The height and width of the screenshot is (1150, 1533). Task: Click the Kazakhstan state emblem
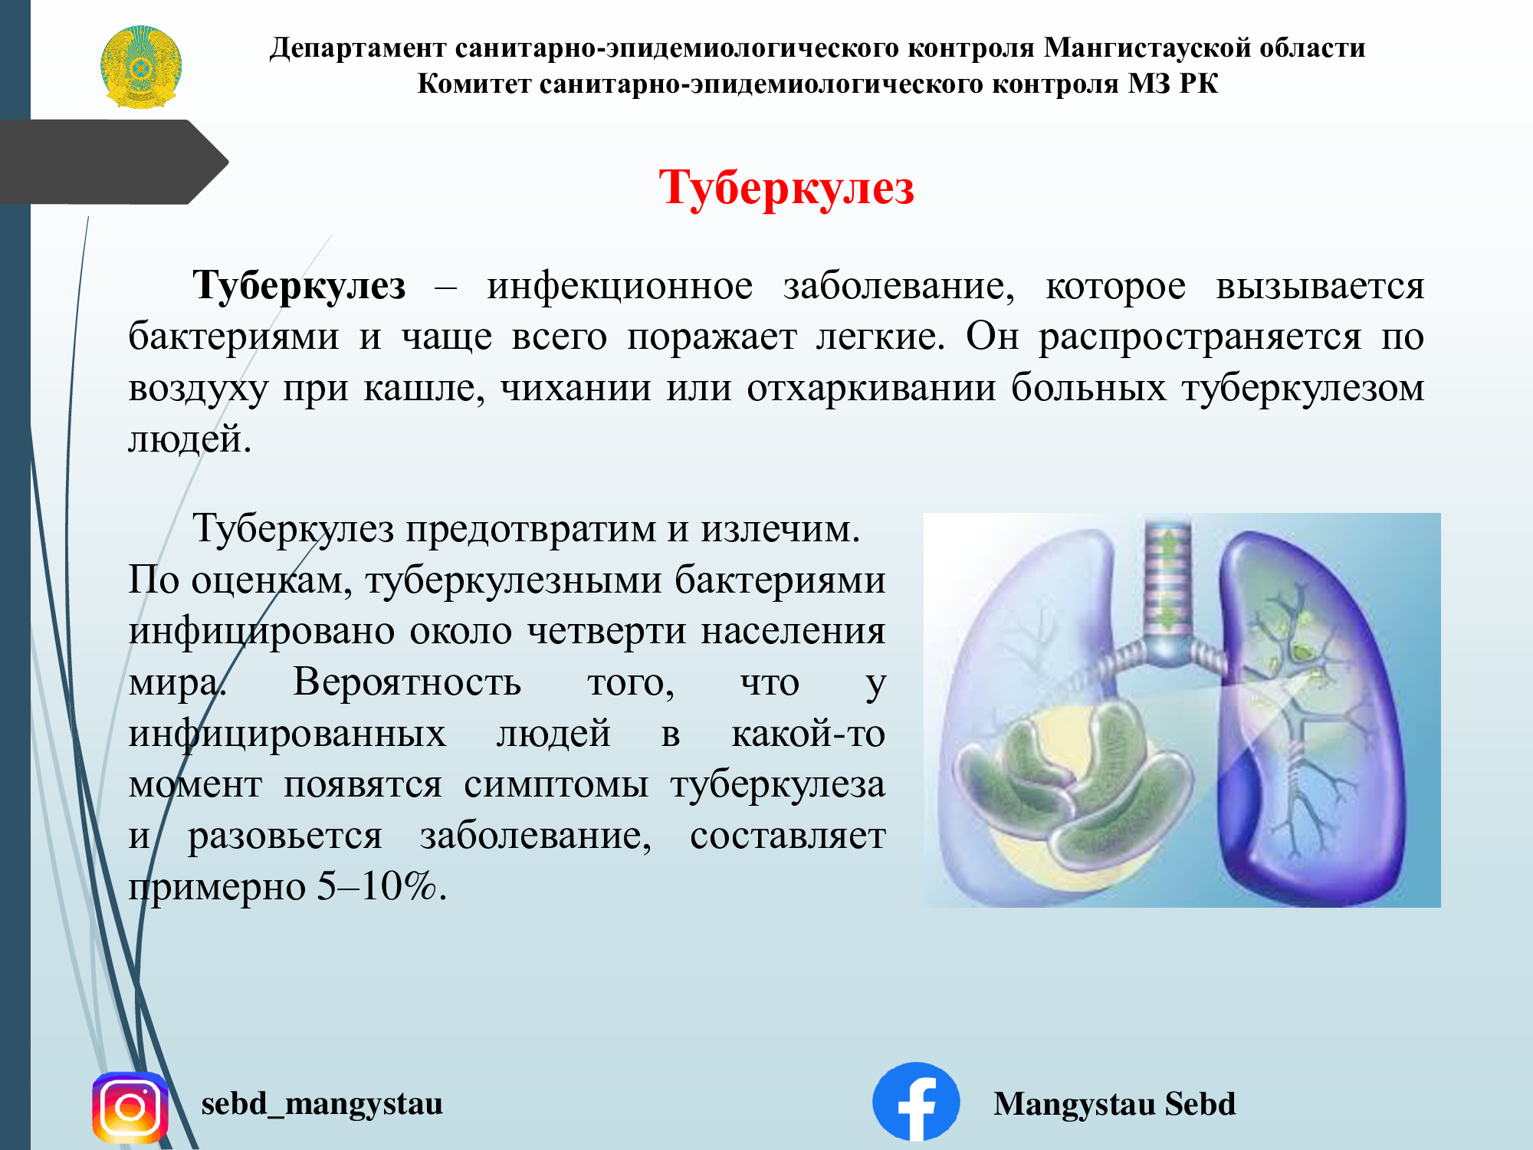click(x=141, y=67)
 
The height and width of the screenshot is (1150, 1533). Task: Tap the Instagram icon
click(x=130, y=1107)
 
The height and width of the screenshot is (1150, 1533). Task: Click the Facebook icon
click(x=916, y=1102)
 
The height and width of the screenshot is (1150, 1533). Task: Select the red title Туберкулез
click(x=786, y=188)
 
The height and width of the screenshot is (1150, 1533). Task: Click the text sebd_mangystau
click(x=322, y=1104)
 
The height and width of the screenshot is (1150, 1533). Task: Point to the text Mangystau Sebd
click(x=1114, y=1104)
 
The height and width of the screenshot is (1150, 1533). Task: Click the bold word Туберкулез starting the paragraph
click(x=299, y=287)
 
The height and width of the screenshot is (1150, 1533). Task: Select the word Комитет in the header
click(x=474, y=84)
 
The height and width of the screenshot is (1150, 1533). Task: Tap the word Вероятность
click(x=407, y=682)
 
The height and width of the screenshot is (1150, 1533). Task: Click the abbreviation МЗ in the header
click(x=1150, y=84)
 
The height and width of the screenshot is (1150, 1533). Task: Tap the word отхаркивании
click(x=872, y=388)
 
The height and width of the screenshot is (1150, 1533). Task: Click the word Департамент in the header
click(x=358, y=48)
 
